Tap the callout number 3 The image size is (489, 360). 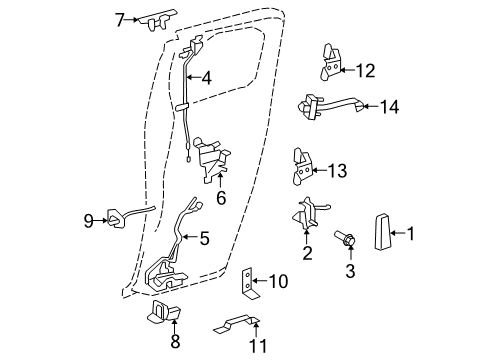[x=350, y=270]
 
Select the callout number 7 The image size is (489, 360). [x=120, y=18]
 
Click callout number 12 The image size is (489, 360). [x=365, y=69]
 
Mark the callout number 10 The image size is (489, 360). [x=280, y=283]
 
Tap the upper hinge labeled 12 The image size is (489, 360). [x=329, y=61]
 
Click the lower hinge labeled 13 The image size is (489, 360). [x=303, y=167]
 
